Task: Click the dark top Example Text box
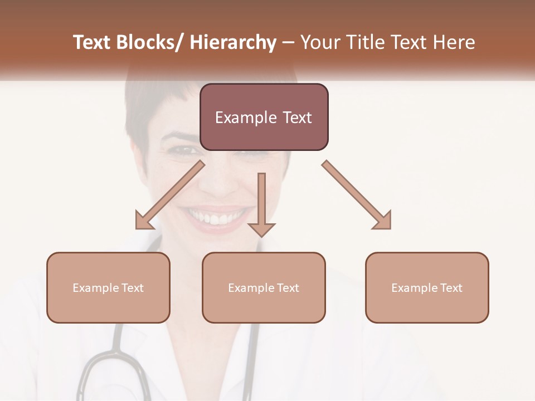pyautogui.click(x=264, y=117)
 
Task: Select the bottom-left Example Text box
pyautogui.click(x=108, y=287)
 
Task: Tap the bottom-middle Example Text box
pyautogui.click(x=264, y=287)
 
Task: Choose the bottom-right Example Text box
pyautogui.click(x=427, y=287)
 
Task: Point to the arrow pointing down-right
pyautogui.click(x=357, y=195)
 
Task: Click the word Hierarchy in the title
pyautogui.click(x=233, y=42)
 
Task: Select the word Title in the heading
pyautogui.click(x=363, y=42)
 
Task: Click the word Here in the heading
pyautogui.click(x=453, y=42)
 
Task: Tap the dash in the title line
pyautogui.click(x=288, y=42)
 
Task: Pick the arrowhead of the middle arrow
pyautogui.click(x=261, y=229)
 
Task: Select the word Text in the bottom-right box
pyautogui.click(x=451, y=287)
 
